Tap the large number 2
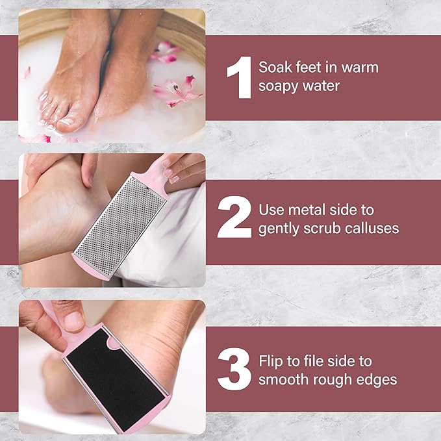(234, 219)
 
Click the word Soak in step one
(274, 68)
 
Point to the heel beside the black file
(175, 364)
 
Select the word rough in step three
(330, 379)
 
